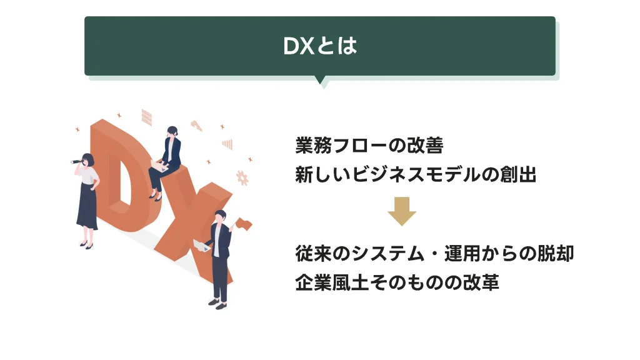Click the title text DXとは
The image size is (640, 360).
[320, 45]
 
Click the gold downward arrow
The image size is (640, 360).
[402, 211]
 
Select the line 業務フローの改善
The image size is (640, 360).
[369, 145]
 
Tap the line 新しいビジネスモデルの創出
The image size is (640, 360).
[416, 174]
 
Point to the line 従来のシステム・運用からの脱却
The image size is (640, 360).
[434, 253]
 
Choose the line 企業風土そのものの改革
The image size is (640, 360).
[397, 282]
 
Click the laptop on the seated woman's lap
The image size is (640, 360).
[159, 165]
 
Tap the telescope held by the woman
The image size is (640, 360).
[77, 162]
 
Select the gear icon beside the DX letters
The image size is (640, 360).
[242, 178]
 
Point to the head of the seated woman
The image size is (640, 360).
[172, 131]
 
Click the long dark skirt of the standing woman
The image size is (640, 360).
[87, 206]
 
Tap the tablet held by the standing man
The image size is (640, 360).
[201, 246]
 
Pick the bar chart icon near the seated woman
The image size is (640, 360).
[227, 144]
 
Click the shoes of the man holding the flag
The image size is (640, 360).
[217, 304]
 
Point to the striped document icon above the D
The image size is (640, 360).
[146, 117]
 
